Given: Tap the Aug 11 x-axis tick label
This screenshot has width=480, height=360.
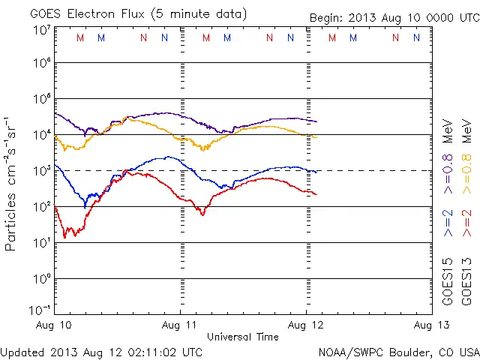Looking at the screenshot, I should pos(180,325).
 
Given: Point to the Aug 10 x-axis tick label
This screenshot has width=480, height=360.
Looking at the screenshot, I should pos(55,325).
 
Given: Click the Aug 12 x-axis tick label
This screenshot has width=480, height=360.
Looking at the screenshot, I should pos(305,325).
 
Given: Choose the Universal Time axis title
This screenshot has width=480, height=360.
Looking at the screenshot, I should pos(243,337).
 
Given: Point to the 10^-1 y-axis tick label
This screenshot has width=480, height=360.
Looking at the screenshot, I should pos(40,309).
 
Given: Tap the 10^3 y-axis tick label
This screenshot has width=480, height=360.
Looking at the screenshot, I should pos(42,170).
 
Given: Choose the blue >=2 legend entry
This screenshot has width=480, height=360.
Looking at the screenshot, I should pos(448,223).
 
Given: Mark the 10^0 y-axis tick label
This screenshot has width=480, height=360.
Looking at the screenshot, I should pos(42,279).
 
